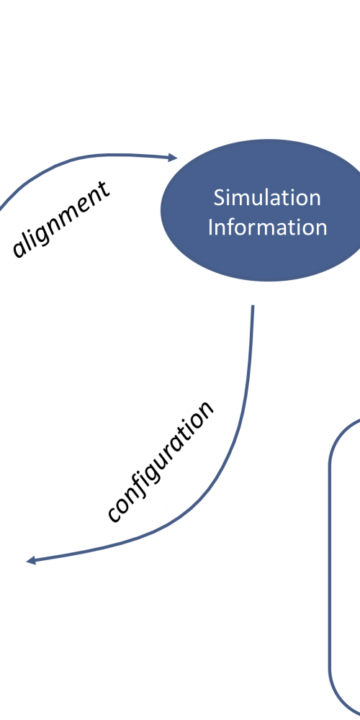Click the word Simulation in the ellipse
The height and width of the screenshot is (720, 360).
tap(267, 198)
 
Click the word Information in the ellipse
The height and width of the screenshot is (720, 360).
tap(267, 228)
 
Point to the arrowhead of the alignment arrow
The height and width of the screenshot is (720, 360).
tap(173, 158)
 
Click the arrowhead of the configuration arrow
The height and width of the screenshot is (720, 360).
tap(31, 560)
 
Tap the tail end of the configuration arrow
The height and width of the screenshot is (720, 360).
tap(253, 305)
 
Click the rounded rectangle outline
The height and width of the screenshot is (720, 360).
tap(330, 564)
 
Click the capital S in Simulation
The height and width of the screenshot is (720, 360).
tap(219, 198)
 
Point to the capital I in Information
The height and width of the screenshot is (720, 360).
tap(210, 228)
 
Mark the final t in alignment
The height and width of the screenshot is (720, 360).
tap(104, 188)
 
